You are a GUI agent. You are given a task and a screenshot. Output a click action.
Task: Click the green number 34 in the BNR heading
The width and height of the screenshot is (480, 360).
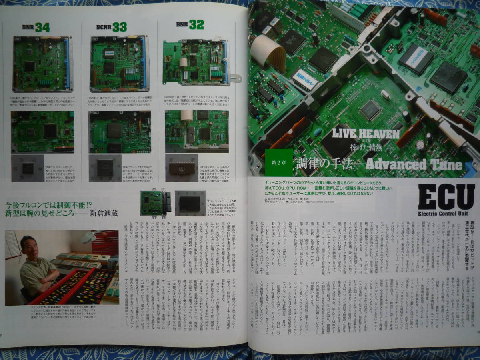(x=42, y=27)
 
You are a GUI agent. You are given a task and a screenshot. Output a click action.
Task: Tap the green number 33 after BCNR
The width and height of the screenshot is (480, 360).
(x=119, y=27)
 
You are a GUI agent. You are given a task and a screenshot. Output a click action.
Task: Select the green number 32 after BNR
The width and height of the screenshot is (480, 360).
(x=196, y=25)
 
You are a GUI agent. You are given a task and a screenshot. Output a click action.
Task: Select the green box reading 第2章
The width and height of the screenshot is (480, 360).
(x=278, y=162)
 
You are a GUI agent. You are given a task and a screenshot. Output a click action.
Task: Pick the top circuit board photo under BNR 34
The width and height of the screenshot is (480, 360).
(x=42, y=64)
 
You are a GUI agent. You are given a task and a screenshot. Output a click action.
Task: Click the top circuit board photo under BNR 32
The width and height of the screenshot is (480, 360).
(x=197, y=62)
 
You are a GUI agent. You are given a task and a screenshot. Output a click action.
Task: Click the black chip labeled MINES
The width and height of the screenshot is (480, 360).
(x=416, y=59)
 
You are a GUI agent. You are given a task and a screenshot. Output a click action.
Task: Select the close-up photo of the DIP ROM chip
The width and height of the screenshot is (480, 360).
(x=182, y=168)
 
